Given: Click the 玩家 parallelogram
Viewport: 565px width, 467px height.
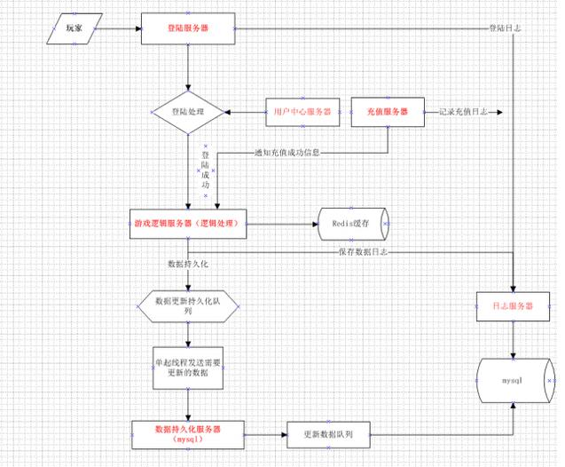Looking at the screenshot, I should click(x=74, y=28).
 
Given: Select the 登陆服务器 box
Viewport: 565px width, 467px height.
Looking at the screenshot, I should click(x=188, y=28).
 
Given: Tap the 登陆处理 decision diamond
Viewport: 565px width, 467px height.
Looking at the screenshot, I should click(x=188, y=113).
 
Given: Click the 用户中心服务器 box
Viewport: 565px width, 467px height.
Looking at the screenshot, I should click(x=301, y=113).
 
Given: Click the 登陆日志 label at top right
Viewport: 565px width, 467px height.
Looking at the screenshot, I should click(x=505, y=28).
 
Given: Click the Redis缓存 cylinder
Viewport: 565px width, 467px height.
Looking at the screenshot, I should click(x=353, y=225).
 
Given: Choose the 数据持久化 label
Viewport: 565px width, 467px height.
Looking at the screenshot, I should click(x=187, y=265).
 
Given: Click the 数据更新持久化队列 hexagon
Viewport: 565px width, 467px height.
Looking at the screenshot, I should click(x=188, y=307).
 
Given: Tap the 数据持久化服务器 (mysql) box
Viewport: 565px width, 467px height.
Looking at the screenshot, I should click(x=187, y=433).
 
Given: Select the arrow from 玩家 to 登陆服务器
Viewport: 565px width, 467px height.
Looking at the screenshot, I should click(x=121, y=28).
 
